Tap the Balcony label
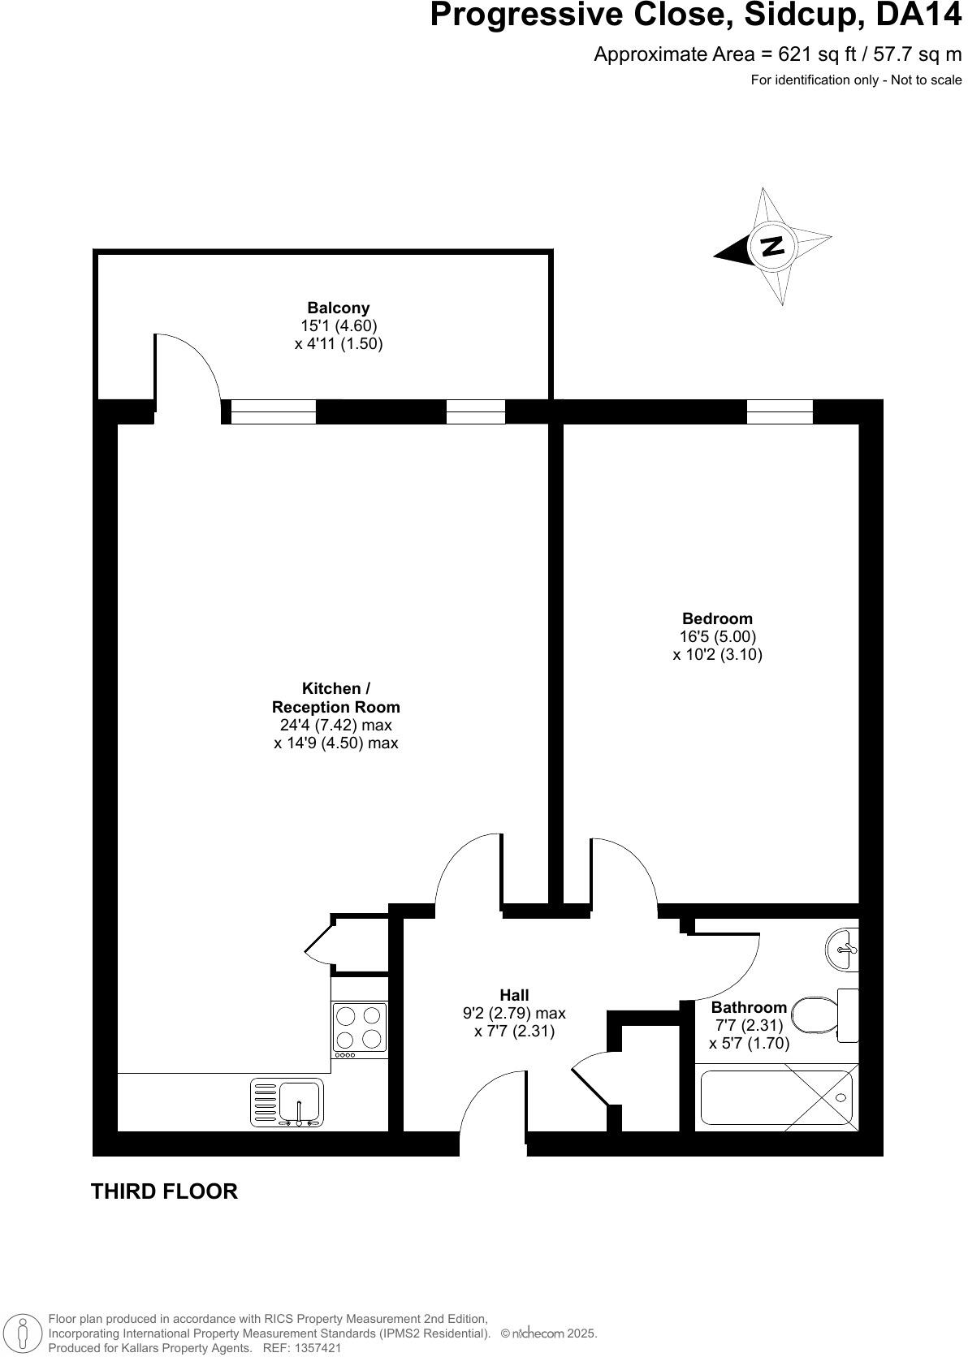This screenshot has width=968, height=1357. pos(338,308)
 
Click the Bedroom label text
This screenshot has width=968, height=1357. pos(717,618)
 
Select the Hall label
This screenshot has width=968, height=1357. pos(514,995)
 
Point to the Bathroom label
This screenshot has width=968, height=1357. pos(749,1008)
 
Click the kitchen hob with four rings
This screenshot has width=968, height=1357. pos(360,1027)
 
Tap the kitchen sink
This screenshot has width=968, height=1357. pos(287,1102)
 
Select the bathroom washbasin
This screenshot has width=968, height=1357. pos(842,948)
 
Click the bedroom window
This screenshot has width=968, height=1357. pos(780,411)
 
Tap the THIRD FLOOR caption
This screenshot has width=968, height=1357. pos(164,1191)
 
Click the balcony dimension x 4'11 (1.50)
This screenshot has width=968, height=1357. pos(338,343)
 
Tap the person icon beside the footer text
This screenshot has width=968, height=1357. pos(24,1333)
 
